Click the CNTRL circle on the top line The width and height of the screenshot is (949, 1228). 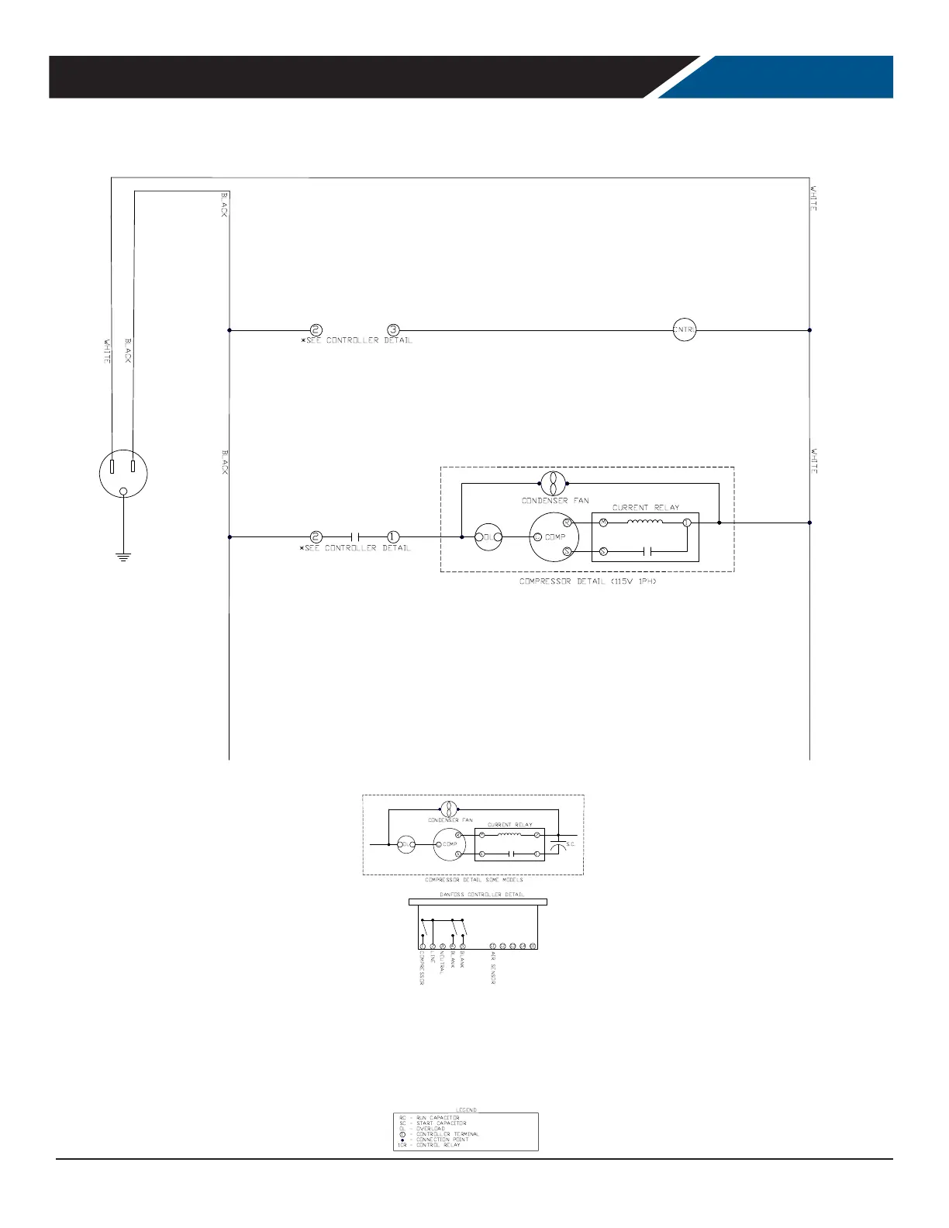pos(685,330)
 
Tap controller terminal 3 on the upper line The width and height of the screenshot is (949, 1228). pos(393,330)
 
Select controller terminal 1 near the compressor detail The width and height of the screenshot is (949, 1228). pos(393,536)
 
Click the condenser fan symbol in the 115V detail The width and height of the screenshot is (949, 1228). pos(554,484)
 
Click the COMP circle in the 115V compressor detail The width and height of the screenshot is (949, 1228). pos(555,537)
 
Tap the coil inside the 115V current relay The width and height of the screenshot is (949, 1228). pos(645,523)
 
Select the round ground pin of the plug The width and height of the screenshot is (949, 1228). pos(124,491)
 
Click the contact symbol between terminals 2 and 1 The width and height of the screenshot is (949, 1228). pos(355,536)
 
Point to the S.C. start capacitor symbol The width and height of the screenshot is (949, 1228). pos(558,843)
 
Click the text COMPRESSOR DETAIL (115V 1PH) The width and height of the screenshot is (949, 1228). pos(588,581)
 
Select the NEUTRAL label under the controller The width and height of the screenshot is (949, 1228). pos(442,965)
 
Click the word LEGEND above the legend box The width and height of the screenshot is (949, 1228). pos(467,1109)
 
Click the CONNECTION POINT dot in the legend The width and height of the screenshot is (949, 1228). pos(402,1139)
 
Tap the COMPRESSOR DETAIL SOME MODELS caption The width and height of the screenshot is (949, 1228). pos(474,880)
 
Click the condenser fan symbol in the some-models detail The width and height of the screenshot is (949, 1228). pos(450,809)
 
